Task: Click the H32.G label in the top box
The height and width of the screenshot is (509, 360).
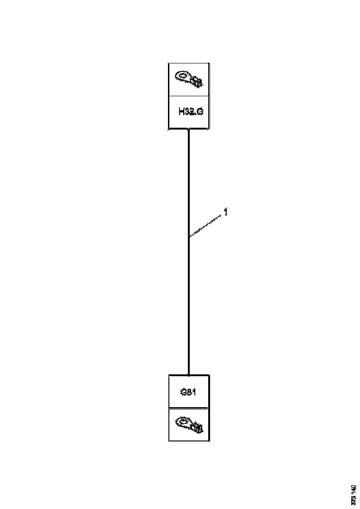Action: (190, 112)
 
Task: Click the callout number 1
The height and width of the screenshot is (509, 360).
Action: (225, 212)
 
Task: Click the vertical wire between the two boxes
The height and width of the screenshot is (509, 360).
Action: (189, 301)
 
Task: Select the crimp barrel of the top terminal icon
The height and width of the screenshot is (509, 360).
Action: (197, 82)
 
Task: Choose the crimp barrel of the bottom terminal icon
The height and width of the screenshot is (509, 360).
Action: (197, 428)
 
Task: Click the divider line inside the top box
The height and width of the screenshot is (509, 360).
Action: (189, 96)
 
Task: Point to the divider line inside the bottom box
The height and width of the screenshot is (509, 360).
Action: (189, 408)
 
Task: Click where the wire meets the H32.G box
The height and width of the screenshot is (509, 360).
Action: (189, 130)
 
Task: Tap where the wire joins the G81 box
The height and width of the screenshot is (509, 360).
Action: (189, 374)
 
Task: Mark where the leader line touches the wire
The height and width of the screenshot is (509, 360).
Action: (189, 237)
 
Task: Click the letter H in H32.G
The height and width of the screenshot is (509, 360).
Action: (181, 112)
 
